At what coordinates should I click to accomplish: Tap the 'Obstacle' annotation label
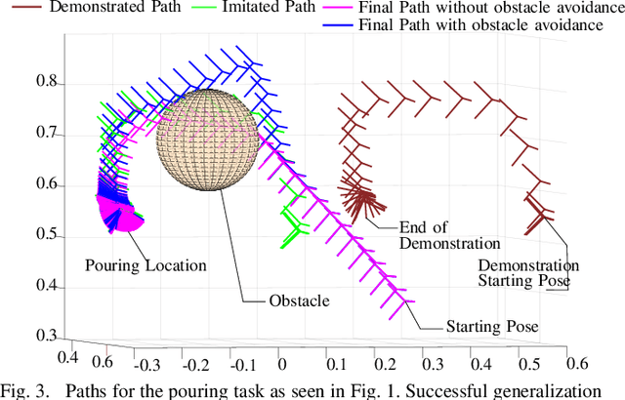300,300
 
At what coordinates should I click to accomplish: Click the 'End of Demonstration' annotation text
449,235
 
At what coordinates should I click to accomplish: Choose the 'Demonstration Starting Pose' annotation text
528,273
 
